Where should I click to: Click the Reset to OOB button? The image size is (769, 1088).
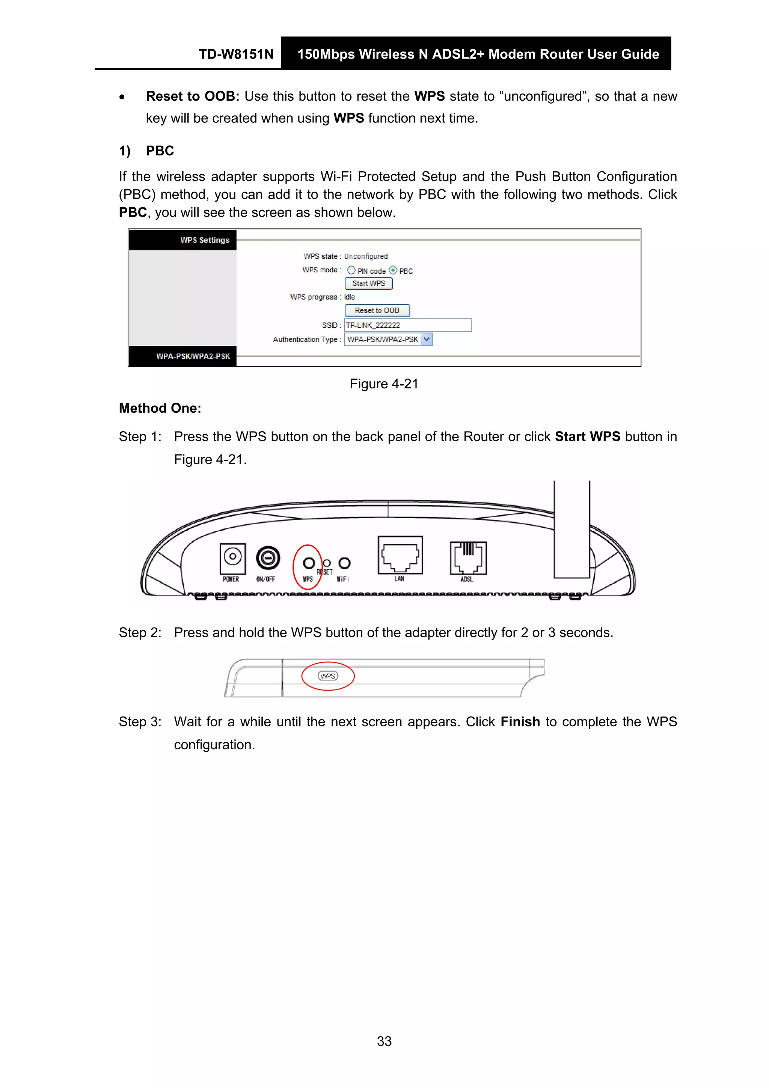[x=377, y=310]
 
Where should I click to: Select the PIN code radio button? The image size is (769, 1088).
[x=351, y=270]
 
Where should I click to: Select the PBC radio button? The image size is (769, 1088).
[x=393, y=270]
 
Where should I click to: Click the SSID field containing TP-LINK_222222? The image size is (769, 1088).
[x=407, y=325]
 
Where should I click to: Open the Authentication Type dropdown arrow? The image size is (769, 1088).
[x=427, y=339]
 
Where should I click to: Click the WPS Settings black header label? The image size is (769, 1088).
[x=205, y=240]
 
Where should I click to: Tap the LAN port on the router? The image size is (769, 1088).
[x=400, y=555]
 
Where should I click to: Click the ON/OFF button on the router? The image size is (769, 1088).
[x=268, y=558]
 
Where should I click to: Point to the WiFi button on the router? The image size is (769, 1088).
[x=344, y=563]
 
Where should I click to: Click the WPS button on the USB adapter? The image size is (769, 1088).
[x=328, y=676]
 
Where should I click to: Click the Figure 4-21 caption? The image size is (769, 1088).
[x=384, y=384]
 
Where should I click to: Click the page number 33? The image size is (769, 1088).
[x=384, y=1041]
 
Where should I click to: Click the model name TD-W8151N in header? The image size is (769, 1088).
[x=236, y=54]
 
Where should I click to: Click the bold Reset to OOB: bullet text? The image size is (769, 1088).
[x=192, y=96]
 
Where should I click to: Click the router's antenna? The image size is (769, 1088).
[x=571, y=528]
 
